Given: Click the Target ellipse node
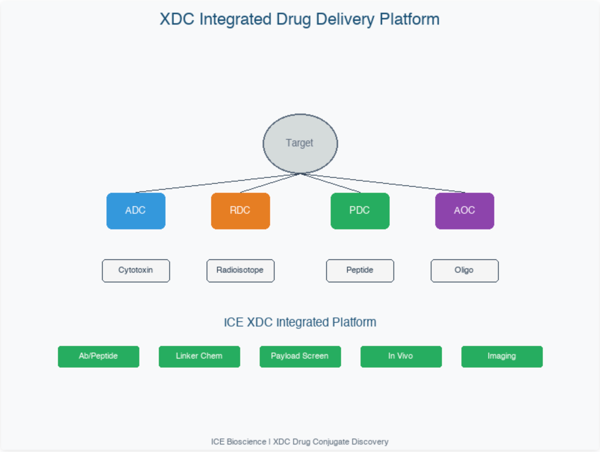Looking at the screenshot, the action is pos(300,143).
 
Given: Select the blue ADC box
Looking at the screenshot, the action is pos(136,211).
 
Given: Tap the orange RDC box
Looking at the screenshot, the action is pos(241,211).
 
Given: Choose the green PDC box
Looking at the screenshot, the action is pos(360,211).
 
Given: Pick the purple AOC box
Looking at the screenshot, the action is pos(465,211).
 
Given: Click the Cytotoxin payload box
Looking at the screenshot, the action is pos(136,270).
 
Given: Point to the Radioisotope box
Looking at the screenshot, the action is pos(241,270).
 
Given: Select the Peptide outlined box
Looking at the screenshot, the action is pos(360,270).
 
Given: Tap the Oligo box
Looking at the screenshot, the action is pos(465,270).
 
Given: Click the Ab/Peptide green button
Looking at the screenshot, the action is pos(98,356).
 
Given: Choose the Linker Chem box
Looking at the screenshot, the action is pos(199,356).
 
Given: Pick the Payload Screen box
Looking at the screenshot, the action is pos(300,356).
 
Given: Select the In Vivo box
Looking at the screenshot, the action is pos(401,356).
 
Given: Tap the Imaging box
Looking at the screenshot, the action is pos(502,356).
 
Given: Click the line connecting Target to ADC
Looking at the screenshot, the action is pos(218,183).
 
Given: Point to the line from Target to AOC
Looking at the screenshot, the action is pos(383,183).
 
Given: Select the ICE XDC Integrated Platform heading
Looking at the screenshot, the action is pos(300,322).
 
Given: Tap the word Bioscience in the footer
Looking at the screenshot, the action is pos(246,442).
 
